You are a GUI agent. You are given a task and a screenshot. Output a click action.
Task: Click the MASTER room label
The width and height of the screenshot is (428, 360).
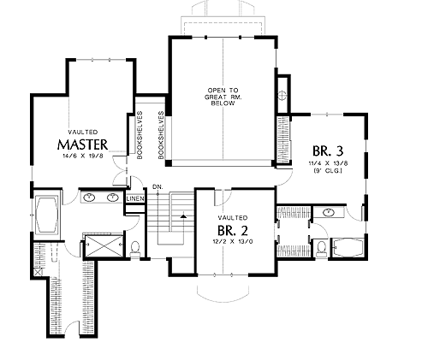(x=83, y=145)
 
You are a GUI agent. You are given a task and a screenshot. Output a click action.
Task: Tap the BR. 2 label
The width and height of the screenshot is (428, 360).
(x=233, y=231)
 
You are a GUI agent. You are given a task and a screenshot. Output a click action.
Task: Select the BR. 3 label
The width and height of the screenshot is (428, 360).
(x=328, y=151)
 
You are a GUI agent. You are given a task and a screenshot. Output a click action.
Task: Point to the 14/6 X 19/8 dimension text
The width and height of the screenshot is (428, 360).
(x=83, y=156)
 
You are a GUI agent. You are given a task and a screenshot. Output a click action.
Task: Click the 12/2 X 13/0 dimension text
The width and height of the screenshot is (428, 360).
(x=233, y=241)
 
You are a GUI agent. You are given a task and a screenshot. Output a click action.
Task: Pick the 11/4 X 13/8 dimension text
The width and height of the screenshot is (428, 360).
(x=328, y=163)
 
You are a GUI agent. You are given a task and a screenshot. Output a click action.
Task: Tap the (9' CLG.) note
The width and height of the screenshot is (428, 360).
(x=328, y=171)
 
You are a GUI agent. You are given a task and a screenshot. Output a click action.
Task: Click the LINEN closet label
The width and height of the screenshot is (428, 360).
(x=135, y=198)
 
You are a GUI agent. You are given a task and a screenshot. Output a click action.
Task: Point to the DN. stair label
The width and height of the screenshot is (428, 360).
(x=158, y=187)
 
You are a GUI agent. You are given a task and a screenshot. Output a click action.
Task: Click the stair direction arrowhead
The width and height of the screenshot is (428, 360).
(x=183, y=216)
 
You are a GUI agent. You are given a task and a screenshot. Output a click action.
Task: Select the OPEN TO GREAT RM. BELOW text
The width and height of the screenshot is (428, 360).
(x=223, y=97)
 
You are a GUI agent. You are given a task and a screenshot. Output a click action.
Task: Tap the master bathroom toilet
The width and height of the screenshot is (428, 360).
(x=134, y=249)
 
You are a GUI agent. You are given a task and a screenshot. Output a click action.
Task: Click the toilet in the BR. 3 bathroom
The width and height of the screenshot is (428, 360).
(x=322, y=249)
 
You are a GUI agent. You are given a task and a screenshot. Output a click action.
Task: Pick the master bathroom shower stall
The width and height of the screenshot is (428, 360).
(x=104, y=245)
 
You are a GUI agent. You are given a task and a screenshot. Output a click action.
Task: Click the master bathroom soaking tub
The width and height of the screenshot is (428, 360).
(x=46, y=215)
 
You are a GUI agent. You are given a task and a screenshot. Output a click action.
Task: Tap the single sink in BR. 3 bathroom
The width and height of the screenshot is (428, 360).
(x=329, y=212)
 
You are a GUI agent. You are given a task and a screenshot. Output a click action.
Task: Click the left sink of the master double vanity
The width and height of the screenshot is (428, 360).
(x=90, y=197)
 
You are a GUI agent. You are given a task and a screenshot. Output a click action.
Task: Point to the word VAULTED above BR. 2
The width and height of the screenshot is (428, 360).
(x=233, y=218)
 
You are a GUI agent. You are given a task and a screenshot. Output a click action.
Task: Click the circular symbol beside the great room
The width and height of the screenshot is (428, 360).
(x=282, y=95)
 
